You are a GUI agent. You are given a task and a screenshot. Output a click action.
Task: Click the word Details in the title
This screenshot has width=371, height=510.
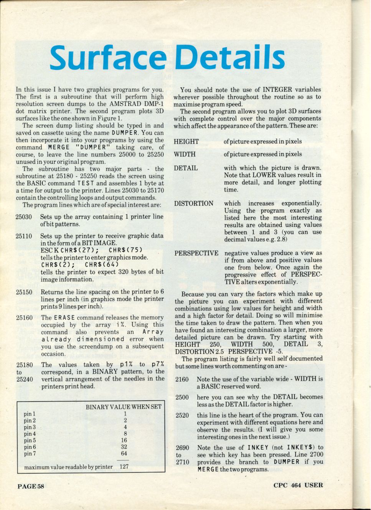click(230, 58)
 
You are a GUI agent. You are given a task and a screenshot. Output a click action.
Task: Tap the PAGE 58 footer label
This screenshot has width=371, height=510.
click(31, 486)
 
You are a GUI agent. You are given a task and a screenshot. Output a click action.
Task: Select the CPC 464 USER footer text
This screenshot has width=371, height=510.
click(298, 485)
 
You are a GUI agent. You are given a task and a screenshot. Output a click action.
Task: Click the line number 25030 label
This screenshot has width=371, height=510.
click(24, 217)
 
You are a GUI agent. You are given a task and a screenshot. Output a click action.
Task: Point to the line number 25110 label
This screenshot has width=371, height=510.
click(24, 236)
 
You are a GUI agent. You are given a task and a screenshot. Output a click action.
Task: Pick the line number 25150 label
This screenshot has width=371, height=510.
click(24, 292)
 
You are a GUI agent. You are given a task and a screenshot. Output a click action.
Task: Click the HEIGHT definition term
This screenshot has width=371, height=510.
click(186, 142)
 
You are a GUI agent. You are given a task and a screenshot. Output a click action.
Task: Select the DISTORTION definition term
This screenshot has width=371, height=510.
click(193, 203)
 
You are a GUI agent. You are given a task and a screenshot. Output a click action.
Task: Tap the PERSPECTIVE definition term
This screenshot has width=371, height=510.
click(196, 253)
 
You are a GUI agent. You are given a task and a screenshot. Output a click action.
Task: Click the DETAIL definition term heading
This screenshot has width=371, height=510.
click(186, 168)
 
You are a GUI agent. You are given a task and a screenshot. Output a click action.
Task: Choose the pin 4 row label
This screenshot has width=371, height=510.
click(30, 434)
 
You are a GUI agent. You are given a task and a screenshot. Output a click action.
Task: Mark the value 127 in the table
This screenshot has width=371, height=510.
click(124, 467)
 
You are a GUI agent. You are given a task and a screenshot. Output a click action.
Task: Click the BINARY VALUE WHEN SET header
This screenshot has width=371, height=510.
click(124, 407)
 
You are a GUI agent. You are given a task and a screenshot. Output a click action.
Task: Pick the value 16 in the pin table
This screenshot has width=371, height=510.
click(124, 440)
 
